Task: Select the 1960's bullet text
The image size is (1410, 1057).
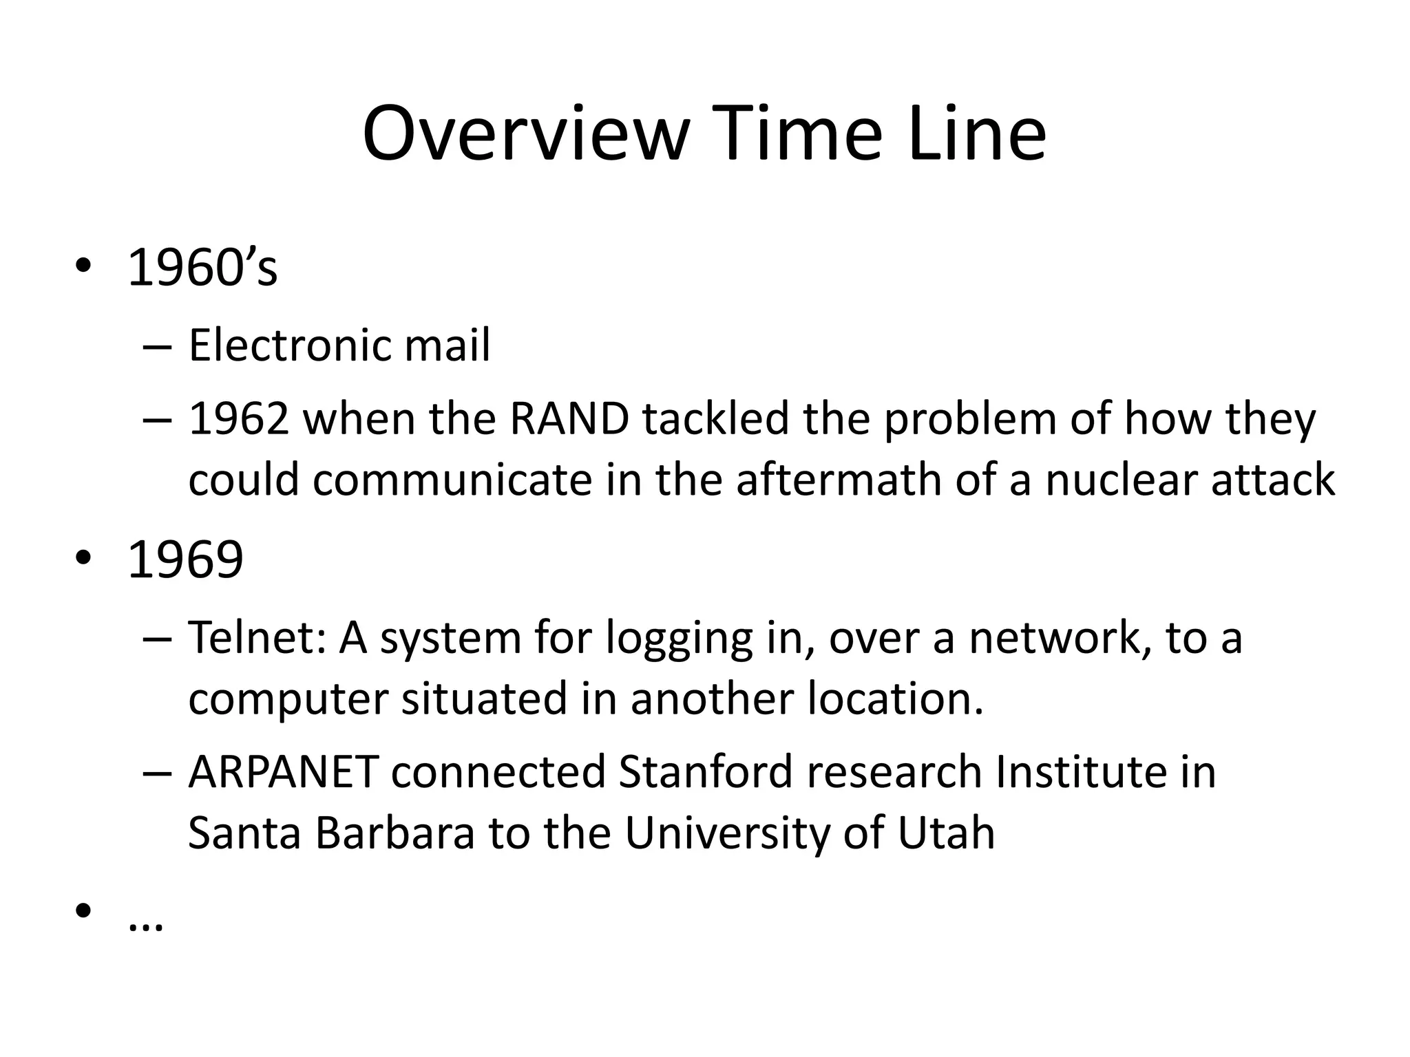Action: pyautogui.click(x=202, y=268)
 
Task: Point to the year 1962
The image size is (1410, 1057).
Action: pyautogui.click(x=238, y=419)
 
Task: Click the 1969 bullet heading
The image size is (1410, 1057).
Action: pyautogui.click(x=185, y=559)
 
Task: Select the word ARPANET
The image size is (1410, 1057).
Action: pyautogui.click(x=283, y=772)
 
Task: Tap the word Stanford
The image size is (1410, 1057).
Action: pyautogui.click(x=706, y=772)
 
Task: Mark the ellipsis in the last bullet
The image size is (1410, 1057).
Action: pyautogui.click(x=146, y=926)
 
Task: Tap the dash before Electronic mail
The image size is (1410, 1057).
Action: pyautogui.click(x=158, y=348)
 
